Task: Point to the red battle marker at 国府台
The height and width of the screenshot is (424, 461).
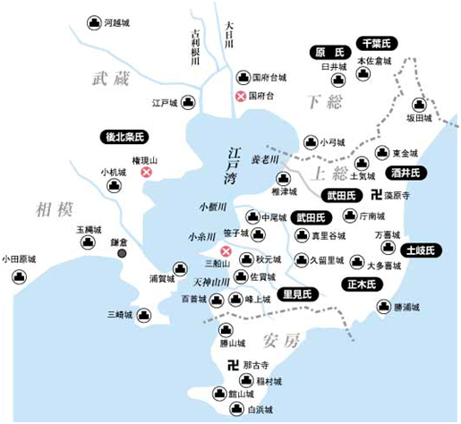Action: tap(240, 96)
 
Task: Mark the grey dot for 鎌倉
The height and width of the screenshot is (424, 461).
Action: tap(122, 254)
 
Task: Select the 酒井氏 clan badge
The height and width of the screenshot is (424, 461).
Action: tap(406, 173)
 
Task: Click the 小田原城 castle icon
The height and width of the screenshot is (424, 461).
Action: tap(17, 276)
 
